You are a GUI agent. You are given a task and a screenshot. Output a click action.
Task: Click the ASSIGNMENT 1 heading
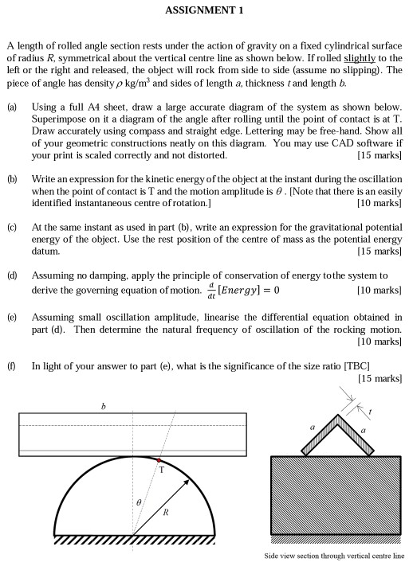click(x=204, y=10)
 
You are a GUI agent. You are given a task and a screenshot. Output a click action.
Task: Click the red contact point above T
click(x=159, y=460)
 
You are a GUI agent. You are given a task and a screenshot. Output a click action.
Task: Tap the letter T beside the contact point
click(x=162, y=470)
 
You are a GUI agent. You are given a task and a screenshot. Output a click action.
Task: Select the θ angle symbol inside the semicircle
click(x=139, y=502)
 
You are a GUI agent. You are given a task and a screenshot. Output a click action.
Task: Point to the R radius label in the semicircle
click(x=166, y=513)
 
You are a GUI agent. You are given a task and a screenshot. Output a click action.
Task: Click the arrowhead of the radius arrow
click(x=186, y=482)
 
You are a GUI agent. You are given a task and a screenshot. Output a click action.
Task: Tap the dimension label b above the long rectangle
click(x=103, y=406)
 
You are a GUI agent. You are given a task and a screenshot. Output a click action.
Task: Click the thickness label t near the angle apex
click(x=370, y=412)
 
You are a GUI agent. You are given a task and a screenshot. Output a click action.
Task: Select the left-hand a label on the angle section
click(x=312, y=427)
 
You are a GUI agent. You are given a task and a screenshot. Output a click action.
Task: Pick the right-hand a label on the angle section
click(x=363, y=431)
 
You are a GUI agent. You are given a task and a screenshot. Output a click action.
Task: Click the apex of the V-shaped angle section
click(x=338, y=415)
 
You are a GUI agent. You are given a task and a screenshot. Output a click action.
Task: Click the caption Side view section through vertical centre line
click(x=334, y=556)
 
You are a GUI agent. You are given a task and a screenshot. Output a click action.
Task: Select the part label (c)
click(x=12, y=228)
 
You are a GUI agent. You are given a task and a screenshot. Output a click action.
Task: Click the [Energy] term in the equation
click(x=238, y=290)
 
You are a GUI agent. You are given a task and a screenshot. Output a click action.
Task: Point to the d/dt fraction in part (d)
click(x=211, y=291)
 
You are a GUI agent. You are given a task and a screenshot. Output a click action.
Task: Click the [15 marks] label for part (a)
click(x=380, y=155)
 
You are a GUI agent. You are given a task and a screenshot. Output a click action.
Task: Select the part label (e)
click(x=12, y=318)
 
